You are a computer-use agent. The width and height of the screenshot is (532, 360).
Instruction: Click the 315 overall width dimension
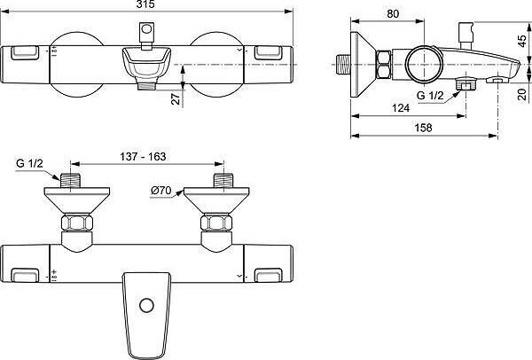tap(146, 4)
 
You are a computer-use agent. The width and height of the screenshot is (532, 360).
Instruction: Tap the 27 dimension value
tap(176, 99)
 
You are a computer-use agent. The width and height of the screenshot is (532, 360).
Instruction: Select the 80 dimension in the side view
tap(393, 14)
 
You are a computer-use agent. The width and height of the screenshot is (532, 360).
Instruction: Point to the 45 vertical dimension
tap(523, 42)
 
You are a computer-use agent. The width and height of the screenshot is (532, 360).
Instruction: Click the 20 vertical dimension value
tap(523, 94)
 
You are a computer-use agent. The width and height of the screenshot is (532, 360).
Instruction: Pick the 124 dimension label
tap(401, 108)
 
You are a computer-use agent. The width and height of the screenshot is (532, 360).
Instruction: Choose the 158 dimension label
tap(424, 128)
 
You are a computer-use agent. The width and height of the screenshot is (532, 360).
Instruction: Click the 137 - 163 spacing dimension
tap(143, 156)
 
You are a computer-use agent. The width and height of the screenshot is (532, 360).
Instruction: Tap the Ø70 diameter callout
tap(161, 191)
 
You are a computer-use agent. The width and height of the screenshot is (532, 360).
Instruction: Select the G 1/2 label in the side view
tap(430, 96)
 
